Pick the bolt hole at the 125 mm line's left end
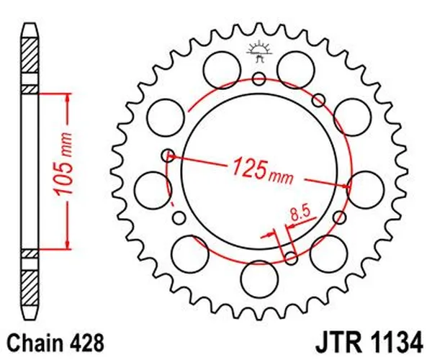point(168,153)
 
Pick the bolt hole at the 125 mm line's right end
point(350,186)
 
